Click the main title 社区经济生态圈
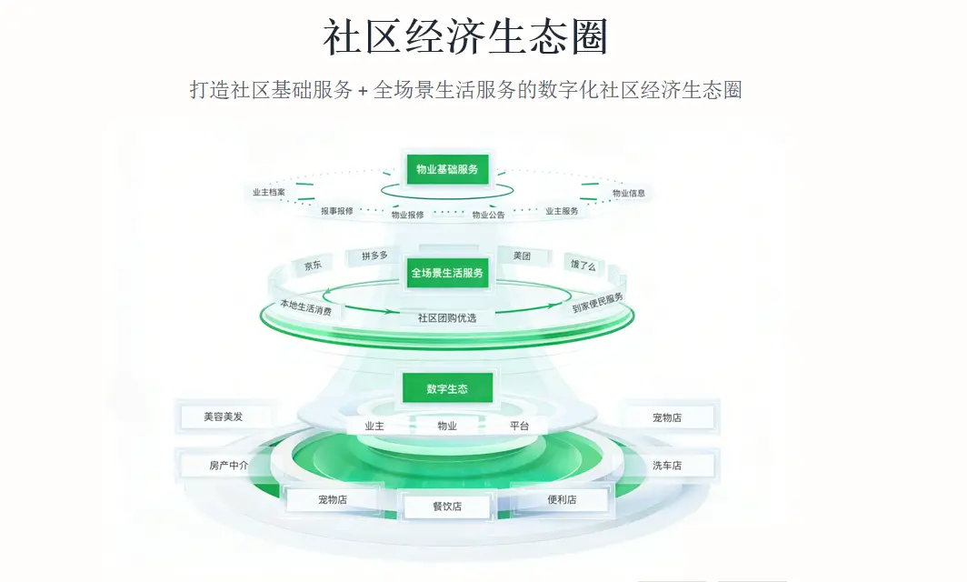click(465, 37)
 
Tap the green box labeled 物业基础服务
click(447, 169)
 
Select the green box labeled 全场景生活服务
click(447, 273)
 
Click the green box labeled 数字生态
click(447, 388)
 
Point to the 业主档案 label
click(269, 192)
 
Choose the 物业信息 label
click(628, 193)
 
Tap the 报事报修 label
click(336, 211)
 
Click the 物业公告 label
click(488, 215)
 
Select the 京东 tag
click(313, 266)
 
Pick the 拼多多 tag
click(374, 256)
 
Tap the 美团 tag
click(522, 256)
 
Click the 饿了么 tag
click(583, 266)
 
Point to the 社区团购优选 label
click(447, 318)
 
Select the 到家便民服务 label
click(598, 303)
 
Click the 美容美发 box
click(224, 416)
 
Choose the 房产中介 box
click(228, 465)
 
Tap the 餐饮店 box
click(447, 507)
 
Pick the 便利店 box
click(562, 499)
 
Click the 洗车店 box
click(667, 466)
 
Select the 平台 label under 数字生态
click(519, 426)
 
